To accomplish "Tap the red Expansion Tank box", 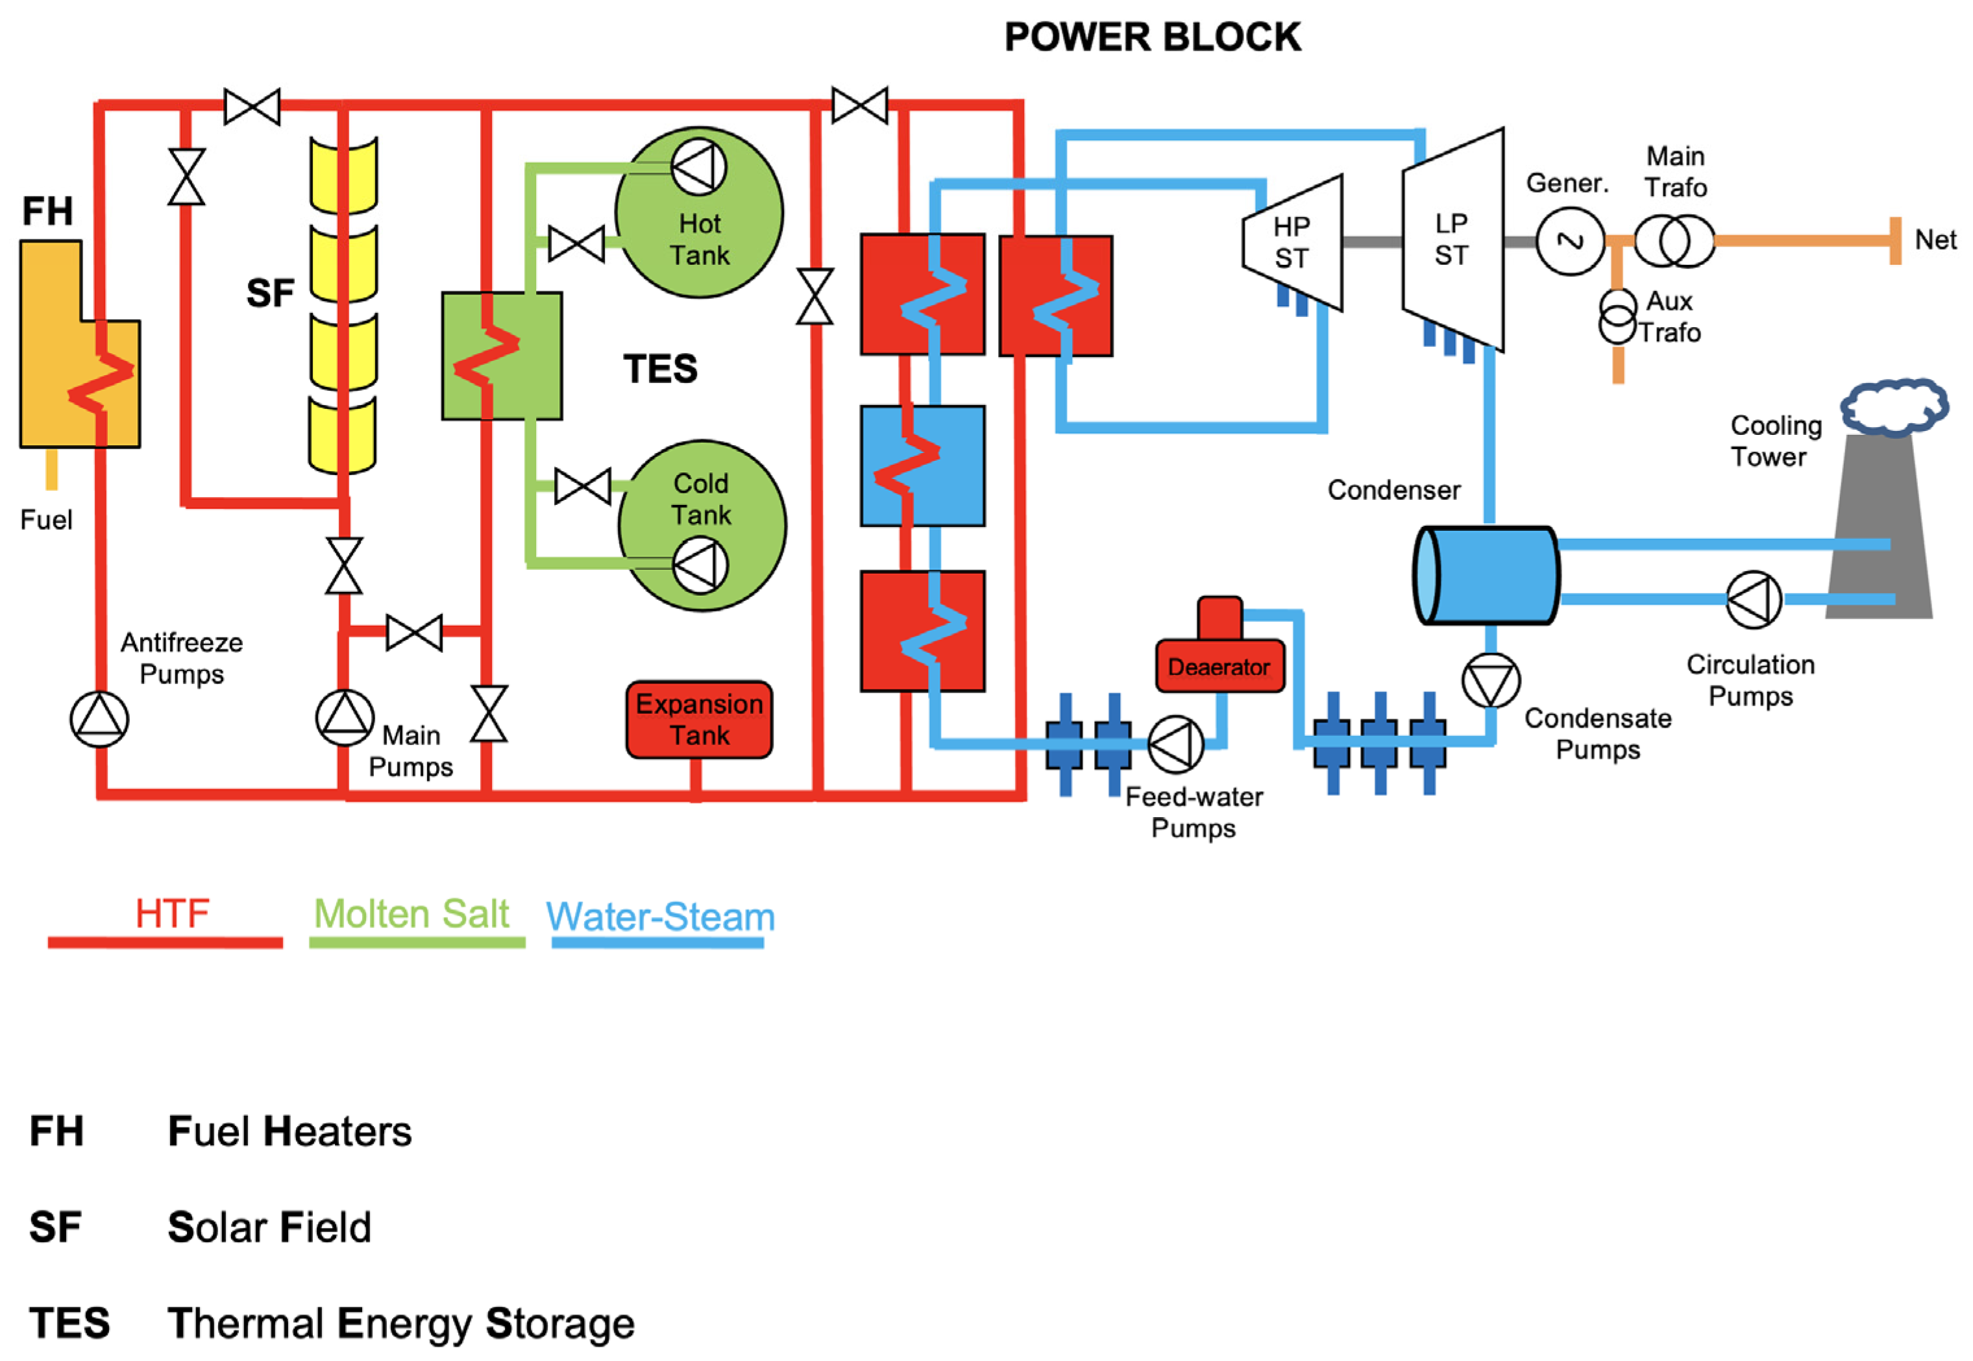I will pyautogui.click(x=698, y=719).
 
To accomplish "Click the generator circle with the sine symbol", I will pyautogui.click(x=1570, y=241).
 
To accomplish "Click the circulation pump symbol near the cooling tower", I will pyautogui.click(x=1753, y=600).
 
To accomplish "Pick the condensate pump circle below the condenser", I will pyautogui.click(x=1490, y=680).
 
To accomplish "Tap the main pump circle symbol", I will pyautogui.click(x=345, y=717).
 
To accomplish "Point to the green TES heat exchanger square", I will pyautogui.click(x=501, y=356).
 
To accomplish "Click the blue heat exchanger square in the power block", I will pyautogui.click(x=922, y=465).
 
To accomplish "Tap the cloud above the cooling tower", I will pyautogui.click(x=1894, y=407).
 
